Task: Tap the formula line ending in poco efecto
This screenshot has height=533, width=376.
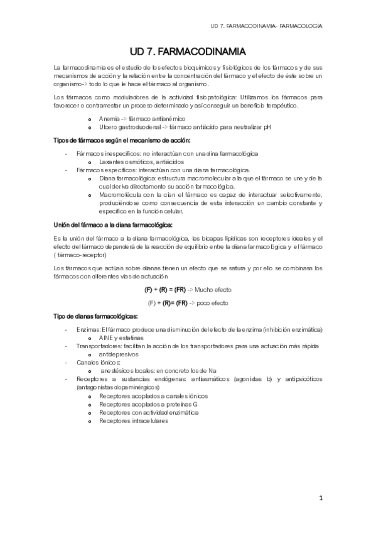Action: pyautogui.click(x=188, y=302)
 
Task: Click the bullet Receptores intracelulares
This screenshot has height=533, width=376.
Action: pyautogui.click(x=133, y=421)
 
